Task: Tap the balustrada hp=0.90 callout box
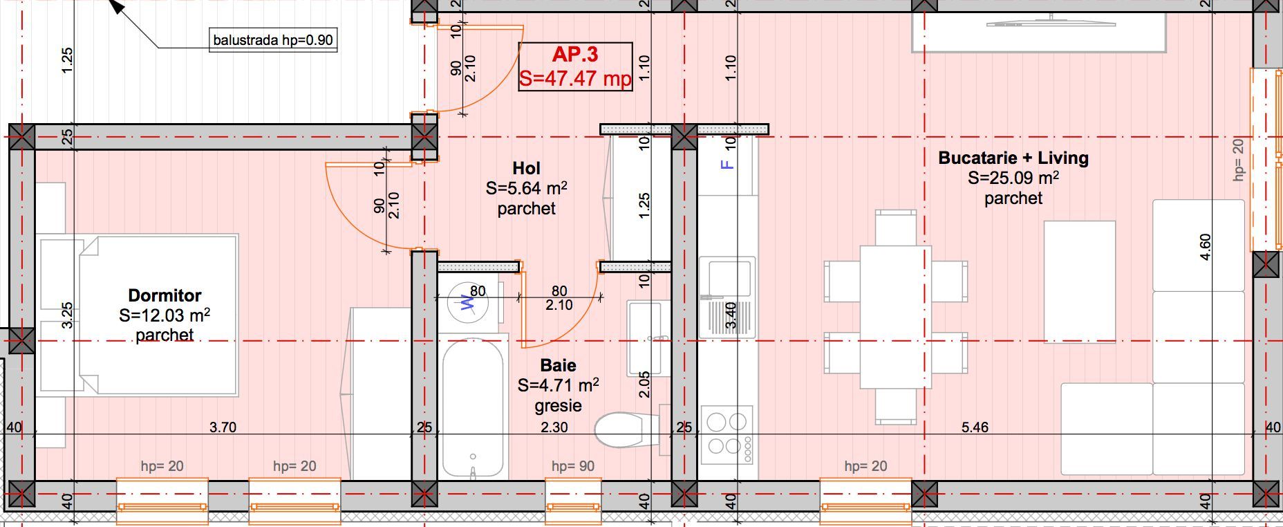click(273, 40)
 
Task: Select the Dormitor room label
click(165, 295)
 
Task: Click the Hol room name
click(526, 168)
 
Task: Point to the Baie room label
click(558, 365)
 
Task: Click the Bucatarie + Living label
click(1013, 158)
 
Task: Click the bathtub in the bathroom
click(473, 408)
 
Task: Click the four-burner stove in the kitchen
click(727, 434)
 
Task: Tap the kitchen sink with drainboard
click(726, 297)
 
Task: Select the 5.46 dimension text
click(975, 427)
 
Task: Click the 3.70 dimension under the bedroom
click(223, 427)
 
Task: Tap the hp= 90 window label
click(572, 466)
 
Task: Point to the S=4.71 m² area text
click(558, 385)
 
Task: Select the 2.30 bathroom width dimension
click(554, 427)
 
